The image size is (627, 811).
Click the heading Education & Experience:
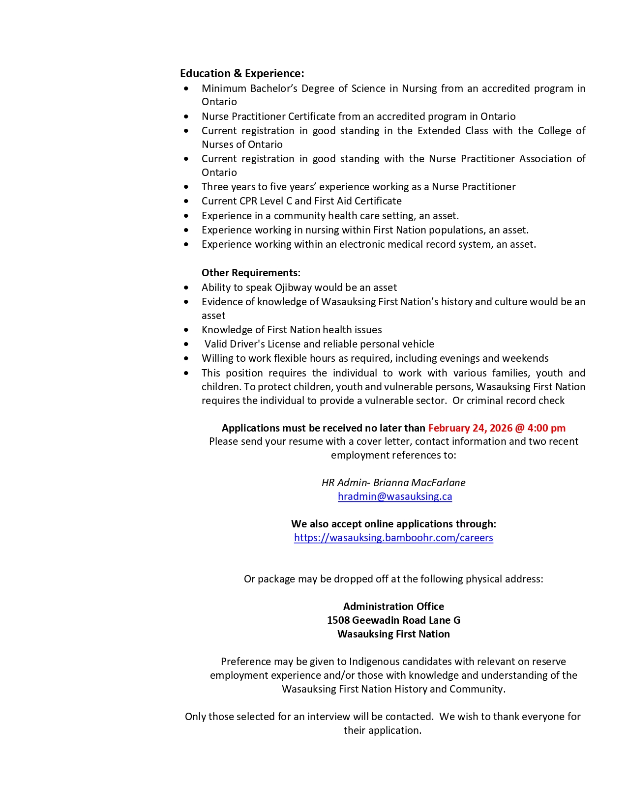pyautogui.click(x=242, y=74)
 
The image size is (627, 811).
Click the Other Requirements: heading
pyautogui.click(x=251, y=273)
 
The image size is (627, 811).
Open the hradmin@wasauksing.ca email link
pyautogui.click(x=394, y=496)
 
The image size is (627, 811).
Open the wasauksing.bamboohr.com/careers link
pyautogui.click(x=393, y=538)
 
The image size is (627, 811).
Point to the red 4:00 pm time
pyautogui.click(x=546, y=428)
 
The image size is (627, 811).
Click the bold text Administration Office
pyautogui.click(x=393, y=607)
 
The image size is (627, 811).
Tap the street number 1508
pyautogui.click(x=338, y=620)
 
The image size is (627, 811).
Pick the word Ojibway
pyautogui.click(x=293, y=288)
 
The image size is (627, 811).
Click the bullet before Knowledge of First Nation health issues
pyautogui.click(x=186, y=330)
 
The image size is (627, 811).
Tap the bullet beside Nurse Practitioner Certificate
pyautogui.click(x=186, y=117)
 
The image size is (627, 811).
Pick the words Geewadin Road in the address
pyautogui.click(x=389, y=620)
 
